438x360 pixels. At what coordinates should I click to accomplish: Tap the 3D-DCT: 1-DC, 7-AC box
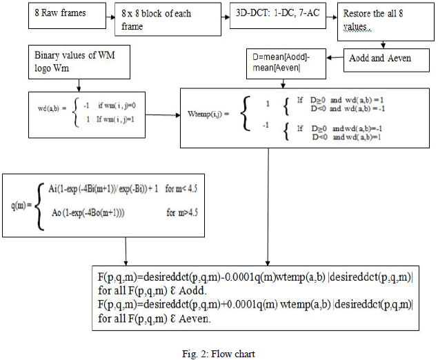[270, 14]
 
